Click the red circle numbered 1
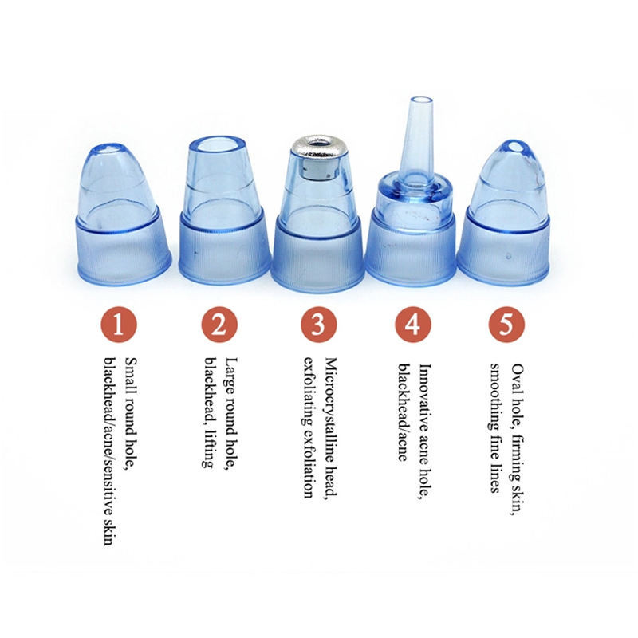118,325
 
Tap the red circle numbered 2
219,325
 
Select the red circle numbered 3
319,325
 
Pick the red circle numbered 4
412,325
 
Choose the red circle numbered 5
506,325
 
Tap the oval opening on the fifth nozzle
517,147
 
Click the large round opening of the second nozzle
216,146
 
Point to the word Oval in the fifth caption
518,377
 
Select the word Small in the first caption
131,376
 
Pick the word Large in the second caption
232,376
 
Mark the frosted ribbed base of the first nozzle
124,250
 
